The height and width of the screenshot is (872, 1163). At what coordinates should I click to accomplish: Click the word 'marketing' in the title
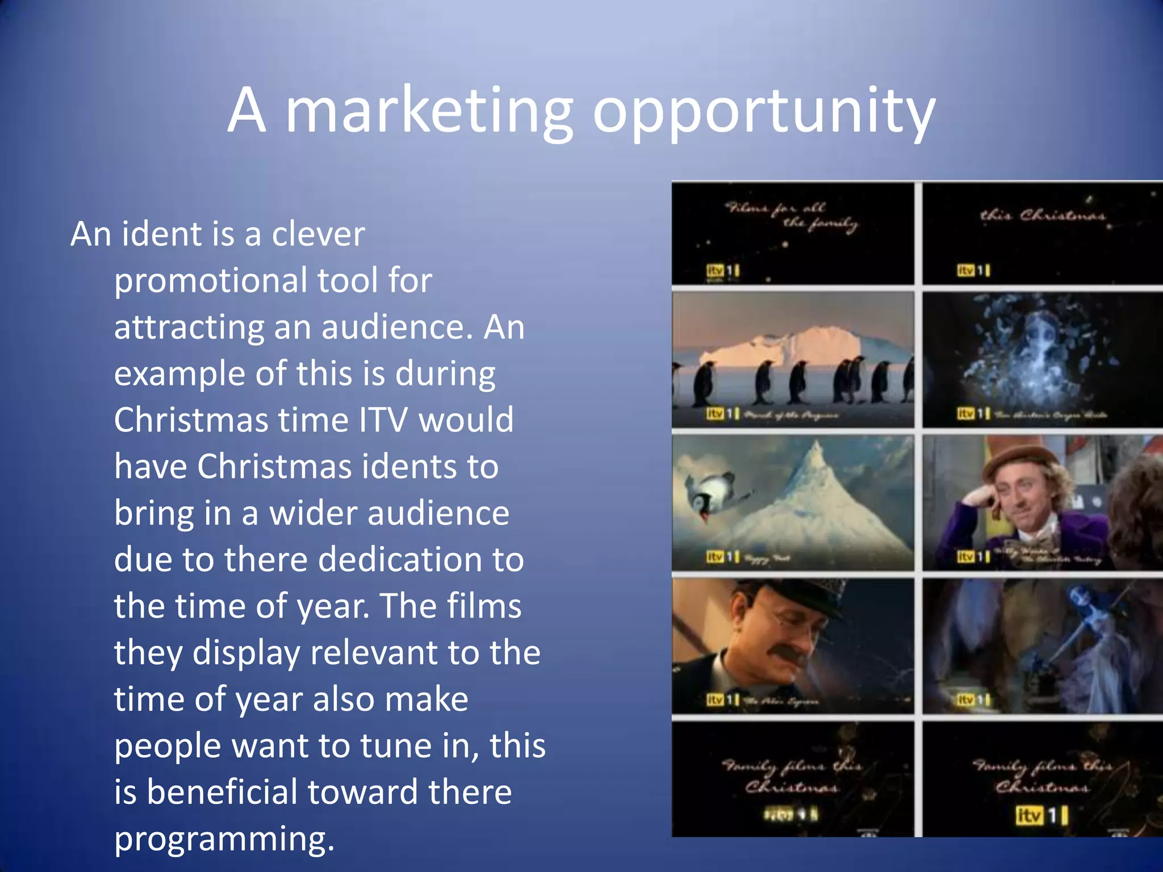click(x=429, y=111)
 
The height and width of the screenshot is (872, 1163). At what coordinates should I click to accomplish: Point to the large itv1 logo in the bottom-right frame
click(x=1041, y=816)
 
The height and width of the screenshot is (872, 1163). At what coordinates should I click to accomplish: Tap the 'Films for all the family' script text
click(x=792, y=216)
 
